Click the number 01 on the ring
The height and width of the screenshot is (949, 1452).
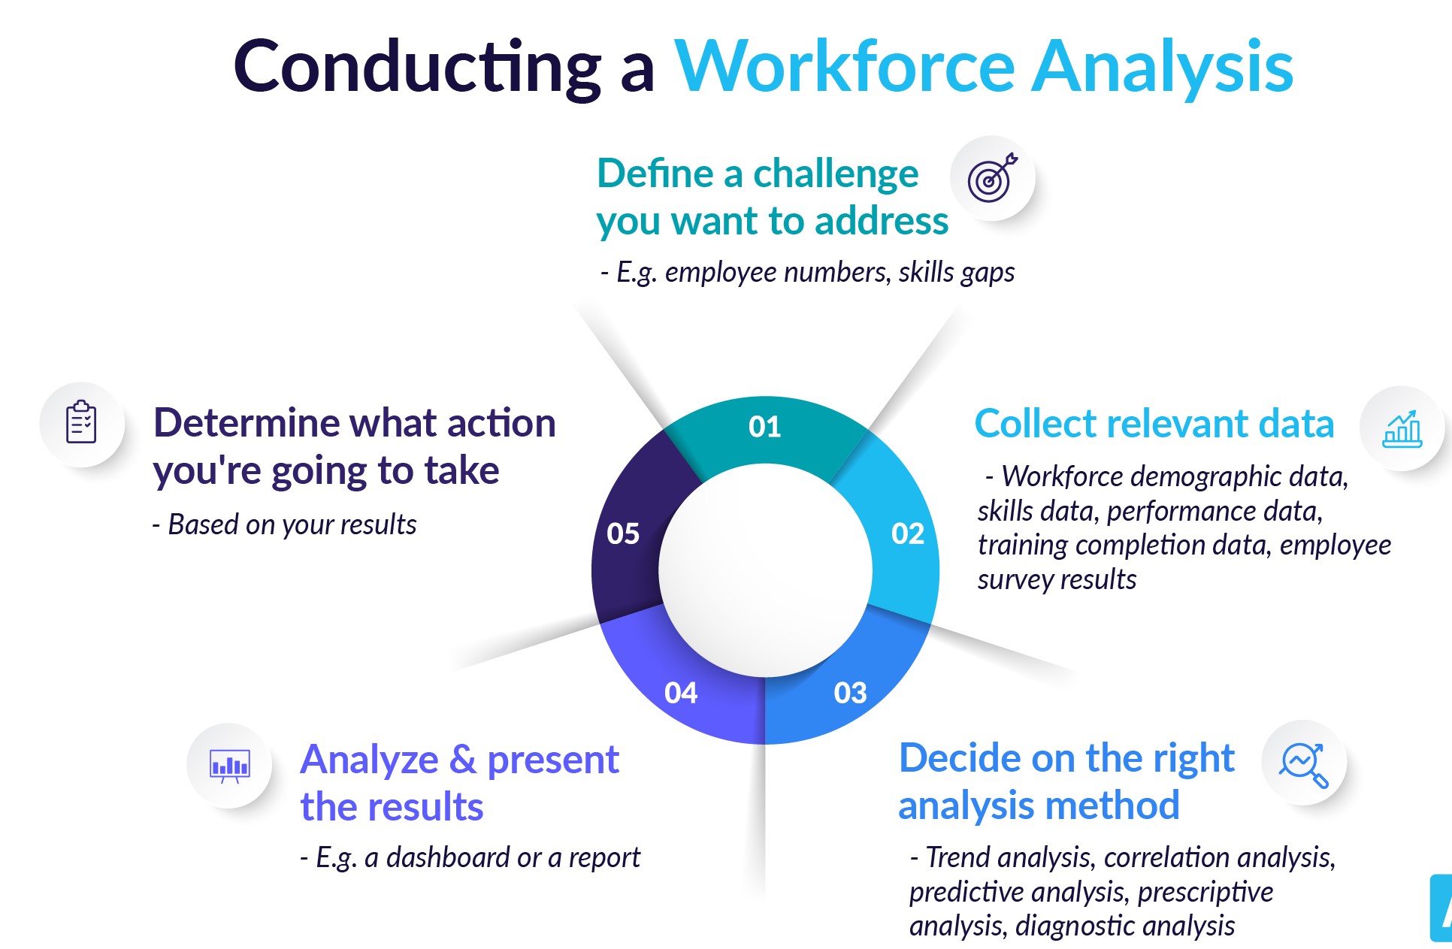tap(764, 427)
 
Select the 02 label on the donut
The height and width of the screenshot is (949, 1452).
tap(907, 533)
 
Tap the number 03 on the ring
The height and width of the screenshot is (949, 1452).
tap(850, 693)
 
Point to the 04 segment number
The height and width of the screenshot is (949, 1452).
tap(680, 693)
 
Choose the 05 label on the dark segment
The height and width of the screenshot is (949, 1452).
tap(623, 533)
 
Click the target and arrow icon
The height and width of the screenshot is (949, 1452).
tap(992, 178)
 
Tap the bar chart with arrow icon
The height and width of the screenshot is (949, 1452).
tap(1402, 429)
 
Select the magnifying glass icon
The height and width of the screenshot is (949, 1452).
tap(1304, 764)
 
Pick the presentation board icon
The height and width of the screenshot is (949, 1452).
tap(229, 766)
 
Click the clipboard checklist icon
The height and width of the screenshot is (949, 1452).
tap(81, 423)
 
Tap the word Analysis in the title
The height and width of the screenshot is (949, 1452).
tap(1163, 68)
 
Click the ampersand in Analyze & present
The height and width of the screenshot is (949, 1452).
tap(462, 759)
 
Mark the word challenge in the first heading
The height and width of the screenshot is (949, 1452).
tap(836, 174)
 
